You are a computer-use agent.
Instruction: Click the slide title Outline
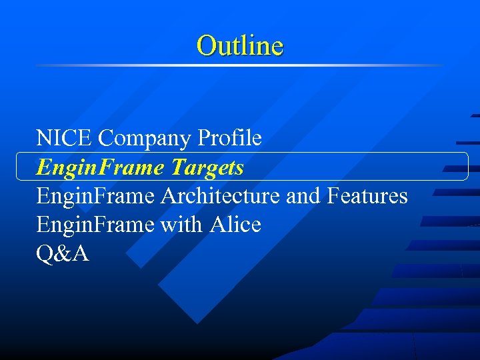click(240, 45)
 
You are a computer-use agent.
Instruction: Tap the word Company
click(145, 139)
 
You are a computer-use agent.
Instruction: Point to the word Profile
click(230, 138)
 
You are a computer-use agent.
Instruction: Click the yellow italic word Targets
click(207, 167)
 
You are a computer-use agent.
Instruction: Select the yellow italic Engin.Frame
click(101, 167)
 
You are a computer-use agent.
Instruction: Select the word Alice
click(235, 225)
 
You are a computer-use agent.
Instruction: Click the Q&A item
click(63, 254)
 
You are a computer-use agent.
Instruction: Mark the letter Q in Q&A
click(45, 254)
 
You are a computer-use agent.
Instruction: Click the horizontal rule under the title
click(240, 65)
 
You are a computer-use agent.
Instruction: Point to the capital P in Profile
click(204, 138)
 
